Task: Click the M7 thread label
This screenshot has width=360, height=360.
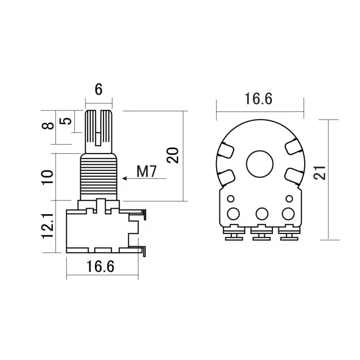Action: pyautogui.click(x=146, y=171)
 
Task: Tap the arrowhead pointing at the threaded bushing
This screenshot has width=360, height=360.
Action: pyautogui.click(x=125, y=178)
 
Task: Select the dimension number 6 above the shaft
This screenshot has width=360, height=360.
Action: pyautogui.click(x=99, y=89)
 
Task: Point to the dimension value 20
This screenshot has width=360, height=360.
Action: pyautogui.click(x=173, y=155)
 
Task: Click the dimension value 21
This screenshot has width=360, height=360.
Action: pyautogui.click(x=319, y=172)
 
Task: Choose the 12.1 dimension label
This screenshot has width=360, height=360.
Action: pyautogui.click(x=48, y=226)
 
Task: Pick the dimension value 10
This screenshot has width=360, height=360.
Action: pyautogui.click(x=48, y=177)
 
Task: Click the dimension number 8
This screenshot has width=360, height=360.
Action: pyautogui.click(x=48, y=126)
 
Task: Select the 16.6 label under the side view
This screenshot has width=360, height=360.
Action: pyautogui.click(x=100, y=266)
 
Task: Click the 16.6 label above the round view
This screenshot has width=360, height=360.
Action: pyautogui.click(x=258, y=99)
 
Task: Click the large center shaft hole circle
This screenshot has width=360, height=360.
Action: pyautogui.click(x=260, y=164)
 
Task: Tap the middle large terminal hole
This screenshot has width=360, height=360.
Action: pyautogui.click(x=262, y=214)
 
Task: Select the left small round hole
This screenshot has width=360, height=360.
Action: pyautogui.click(x=230, y=198)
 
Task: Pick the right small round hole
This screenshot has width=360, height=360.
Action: pyautogui.click(x=289, y=198)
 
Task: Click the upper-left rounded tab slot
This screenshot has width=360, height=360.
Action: pyautogui.click(x=226, y=150)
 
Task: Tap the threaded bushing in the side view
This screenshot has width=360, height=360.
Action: pyautogui.click(x=99, y=177)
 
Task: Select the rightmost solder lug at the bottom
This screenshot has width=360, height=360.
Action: pyautogui.click(x=289, y=232)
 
